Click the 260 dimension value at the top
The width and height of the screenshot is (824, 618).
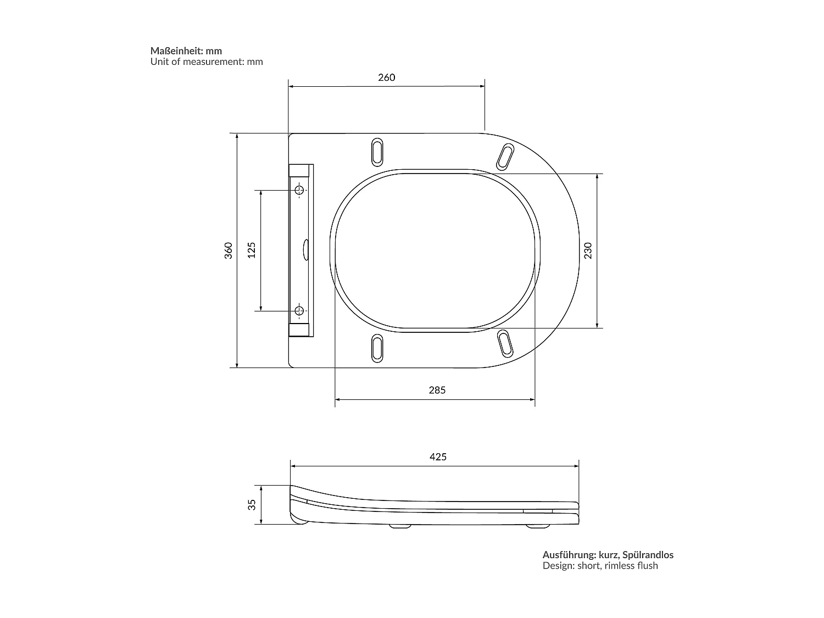[x=386, y=77]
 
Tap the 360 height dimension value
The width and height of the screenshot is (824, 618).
[x=229, y=250]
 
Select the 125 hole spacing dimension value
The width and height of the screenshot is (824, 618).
[x=252, y=250]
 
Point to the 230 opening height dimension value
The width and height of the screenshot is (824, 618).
[x=588, y=250]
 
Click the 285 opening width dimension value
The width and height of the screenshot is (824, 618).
[x=437, y=390]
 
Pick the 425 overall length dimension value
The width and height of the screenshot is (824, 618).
[x=438, y=456]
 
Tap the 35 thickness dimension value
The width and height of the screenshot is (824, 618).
[x=252, y=504]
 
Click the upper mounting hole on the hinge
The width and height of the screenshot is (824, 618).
[x=299, y=190]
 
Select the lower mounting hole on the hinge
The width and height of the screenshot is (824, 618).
[x=299, y=311]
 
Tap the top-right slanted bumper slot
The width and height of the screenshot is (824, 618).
[x=505, y=156]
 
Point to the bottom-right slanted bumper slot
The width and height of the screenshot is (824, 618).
[x=505, y=343]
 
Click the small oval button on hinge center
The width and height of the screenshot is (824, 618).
[x=305, y=250]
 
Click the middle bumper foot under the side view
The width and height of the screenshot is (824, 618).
[x=400, y=526]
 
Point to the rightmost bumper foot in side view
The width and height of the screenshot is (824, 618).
[x=537, y=526]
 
